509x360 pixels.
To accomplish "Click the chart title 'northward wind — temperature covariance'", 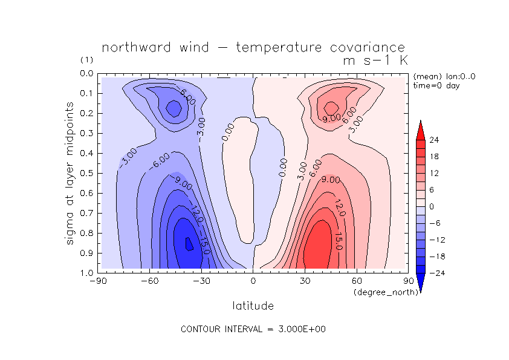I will (x=253, y=48).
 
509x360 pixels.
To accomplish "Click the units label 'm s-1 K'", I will (x=374, y=61).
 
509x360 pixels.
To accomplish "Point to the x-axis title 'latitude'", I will (x=253, y=306).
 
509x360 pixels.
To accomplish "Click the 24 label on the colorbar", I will (x=434, y=140).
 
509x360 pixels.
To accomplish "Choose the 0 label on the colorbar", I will (x=431, y=206).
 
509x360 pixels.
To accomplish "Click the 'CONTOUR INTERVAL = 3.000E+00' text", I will (x=253, y=329).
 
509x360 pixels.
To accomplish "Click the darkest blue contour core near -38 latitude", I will (x=189, y=244).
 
